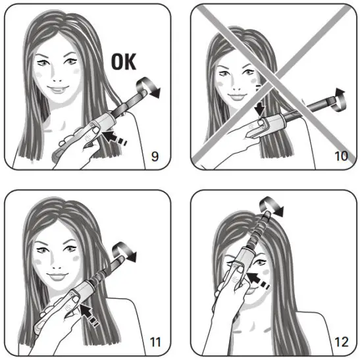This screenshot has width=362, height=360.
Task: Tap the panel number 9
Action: pos(155,157)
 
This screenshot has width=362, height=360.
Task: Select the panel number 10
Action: pos(341,157)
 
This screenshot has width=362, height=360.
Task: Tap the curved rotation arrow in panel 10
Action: pos(338,98)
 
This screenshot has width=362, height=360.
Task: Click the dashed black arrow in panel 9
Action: pos(113,136)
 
